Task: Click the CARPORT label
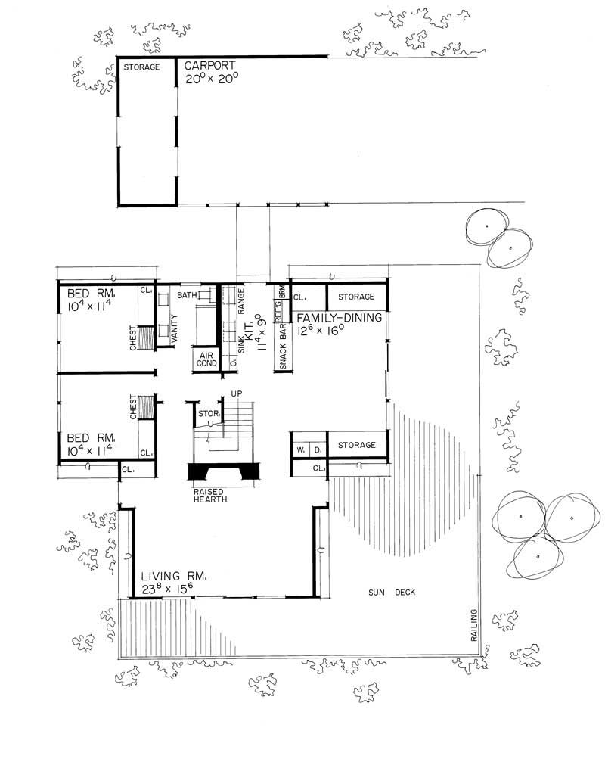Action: (211, 66)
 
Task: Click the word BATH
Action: (187, 294)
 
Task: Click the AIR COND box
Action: (206, 359)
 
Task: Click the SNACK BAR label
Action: (282, 348)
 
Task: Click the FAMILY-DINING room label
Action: (339, 319)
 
